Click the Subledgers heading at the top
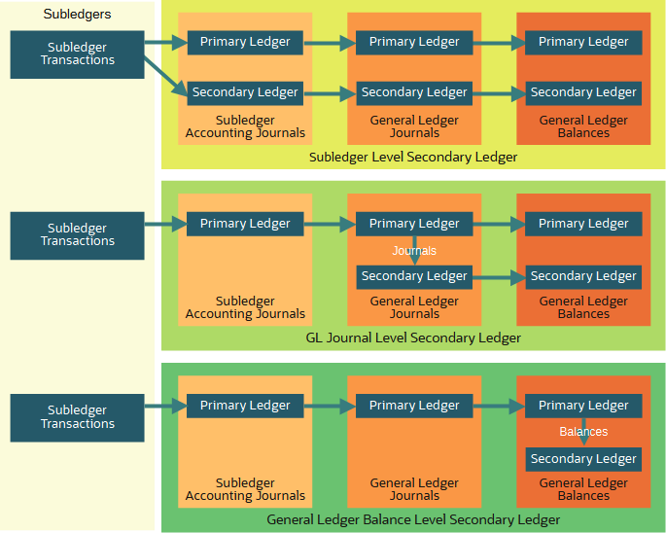pos(78,15)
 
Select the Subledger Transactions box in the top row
pos(78,53)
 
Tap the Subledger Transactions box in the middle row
pos(78,234)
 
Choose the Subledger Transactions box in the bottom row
pos(78,416)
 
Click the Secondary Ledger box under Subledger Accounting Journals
pos(245,92)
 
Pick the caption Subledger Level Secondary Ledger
pos(413,157)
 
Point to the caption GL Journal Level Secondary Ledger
pos(413,338)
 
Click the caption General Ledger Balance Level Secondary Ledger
pos(413,519)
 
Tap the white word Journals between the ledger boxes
pos(414,251)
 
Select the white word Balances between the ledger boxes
pos(583,432)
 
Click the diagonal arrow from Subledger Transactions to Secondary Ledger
pos(165,76)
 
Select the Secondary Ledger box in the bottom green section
pos(583,458)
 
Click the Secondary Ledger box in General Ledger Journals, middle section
pos(414,276)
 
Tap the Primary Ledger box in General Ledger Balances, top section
pos(583,42)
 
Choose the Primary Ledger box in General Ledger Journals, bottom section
pos(414,406)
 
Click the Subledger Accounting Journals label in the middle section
pos(245,308)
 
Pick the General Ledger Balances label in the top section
pos(583,126)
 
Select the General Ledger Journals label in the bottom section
pos(414,489)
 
